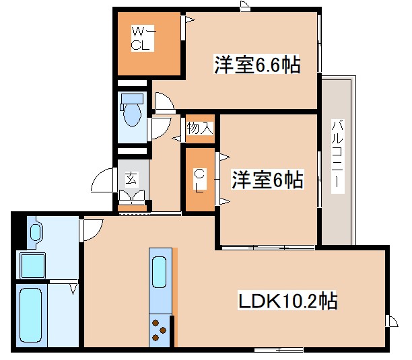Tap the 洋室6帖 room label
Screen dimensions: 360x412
click(x=267, y=180)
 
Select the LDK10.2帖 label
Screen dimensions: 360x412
click(x=287, y=301)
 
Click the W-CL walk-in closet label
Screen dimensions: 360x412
click(x=143, y=38)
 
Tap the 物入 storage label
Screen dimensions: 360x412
click(x=200, y=128)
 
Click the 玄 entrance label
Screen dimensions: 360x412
click(x=131, y=178)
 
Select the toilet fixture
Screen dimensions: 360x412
click(x=131, y=109)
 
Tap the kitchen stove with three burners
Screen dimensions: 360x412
click(x=160, y=329)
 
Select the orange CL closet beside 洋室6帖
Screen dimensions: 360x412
click(x=199, y=180)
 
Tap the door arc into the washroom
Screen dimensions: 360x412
click(x=90, y=229)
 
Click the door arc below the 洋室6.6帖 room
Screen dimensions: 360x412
click(x=165, y=102)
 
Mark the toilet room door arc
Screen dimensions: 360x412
click(x=160, y=128)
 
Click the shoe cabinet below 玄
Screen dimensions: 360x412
click(x=132, y=198)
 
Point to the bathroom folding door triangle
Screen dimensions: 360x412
click(x=73, y=289)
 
